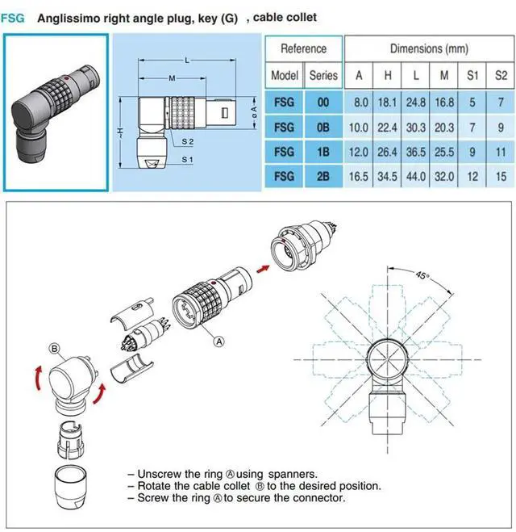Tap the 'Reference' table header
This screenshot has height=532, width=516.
[303, 48]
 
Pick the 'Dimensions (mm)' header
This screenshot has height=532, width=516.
[428, 48]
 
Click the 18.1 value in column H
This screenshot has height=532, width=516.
[388, 103]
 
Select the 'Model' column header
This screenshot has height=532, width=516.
[285, 75]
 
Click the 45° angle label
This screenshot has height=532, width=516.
[424, 275]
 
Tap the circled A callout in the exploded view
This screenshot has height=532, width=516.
[218, 341]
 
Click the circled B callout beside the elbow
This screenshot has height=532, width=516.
[56, 349]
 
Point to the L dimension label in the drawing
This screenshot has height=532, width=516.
[188, 61]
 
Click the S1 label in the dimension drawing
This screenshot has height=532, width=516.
[187, 160]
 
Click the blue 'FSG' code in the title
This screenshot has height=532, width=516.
[13, 17]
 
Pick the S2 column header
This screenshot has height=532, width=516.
[501, 75]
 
